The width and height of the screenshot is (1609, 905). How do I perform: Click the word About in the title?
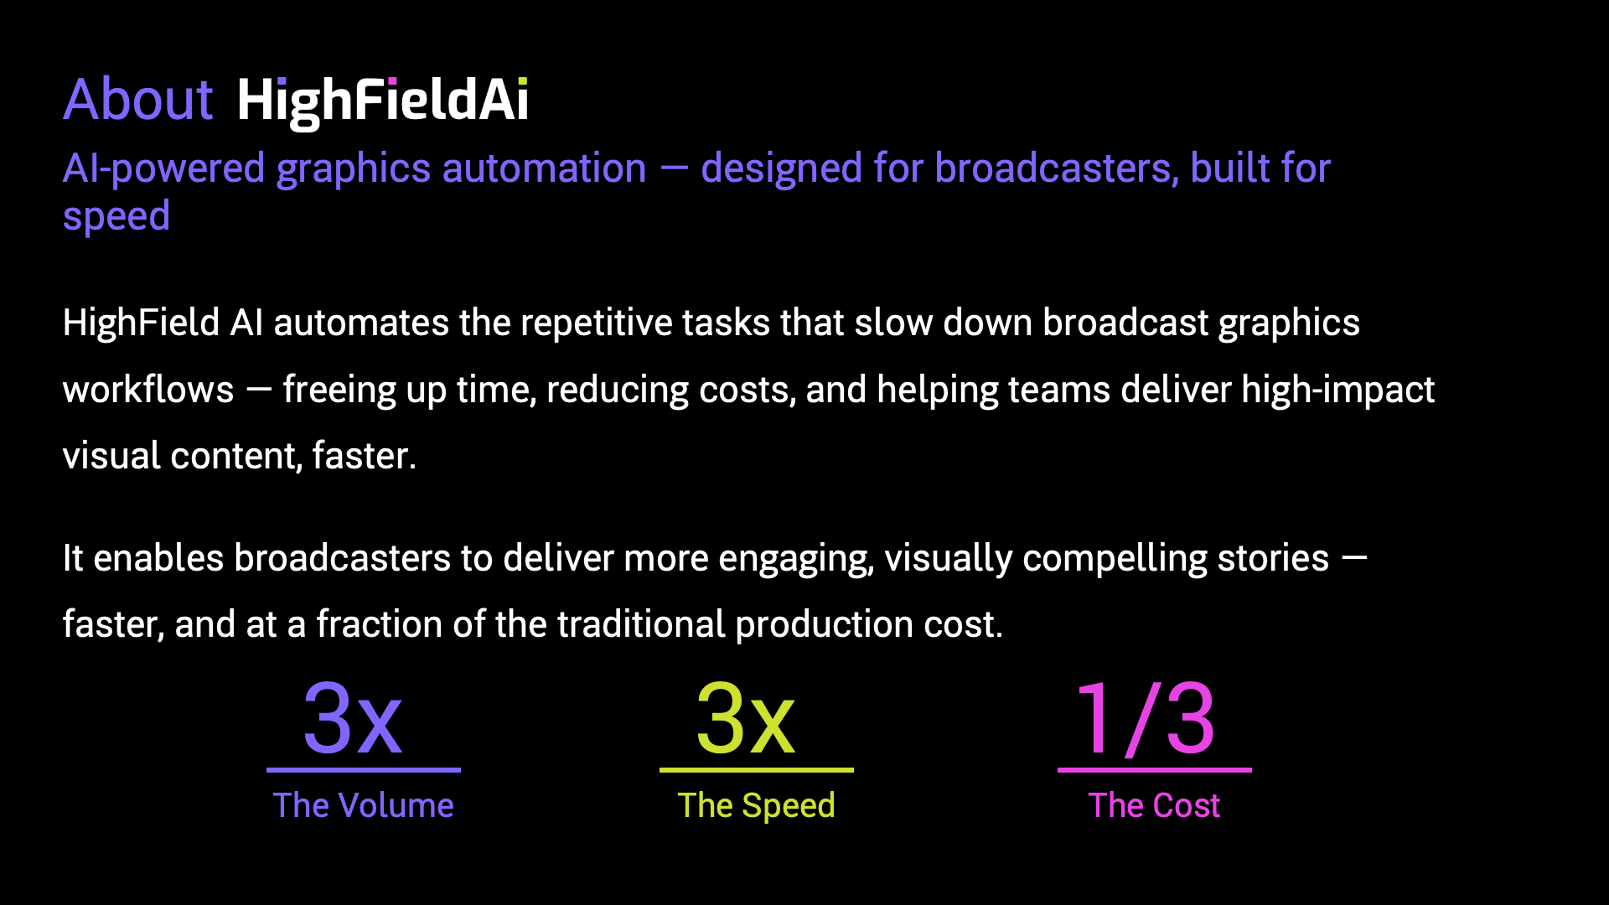point(138,100)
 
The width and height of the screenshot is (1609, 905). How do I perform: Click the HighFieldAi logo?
point(383,101)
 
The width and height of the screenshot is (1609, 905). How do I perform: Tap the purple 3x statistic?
point(353,718)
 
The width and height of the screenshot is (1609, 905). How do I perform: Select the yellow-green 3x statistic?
point(746,718)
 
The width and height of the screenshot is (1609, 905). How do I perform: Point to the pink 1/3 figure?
point(1146,718)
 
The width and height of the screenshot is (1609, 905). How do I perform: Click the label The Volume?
point(364,805)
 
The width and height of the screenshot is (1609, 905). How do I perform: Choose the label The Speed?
point(757,806)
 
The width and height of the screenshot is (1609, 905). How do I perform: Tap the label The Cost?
point(1155,805)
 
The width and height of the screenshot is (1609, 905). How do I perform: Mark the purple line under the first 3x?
point(364,769)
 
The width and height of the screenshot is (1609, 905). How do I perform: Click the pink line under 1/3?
point(1155,769)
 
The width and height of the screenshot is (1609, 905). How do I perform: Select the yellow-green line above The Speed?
point(757,769)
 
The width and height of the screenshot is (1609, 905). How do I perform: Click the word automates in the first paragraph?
point(361,323)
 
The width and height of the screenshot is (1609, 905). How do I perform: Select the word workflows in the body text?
point(148,390)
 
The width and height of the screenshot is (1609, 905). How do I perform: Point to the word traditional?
point(641,624)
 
